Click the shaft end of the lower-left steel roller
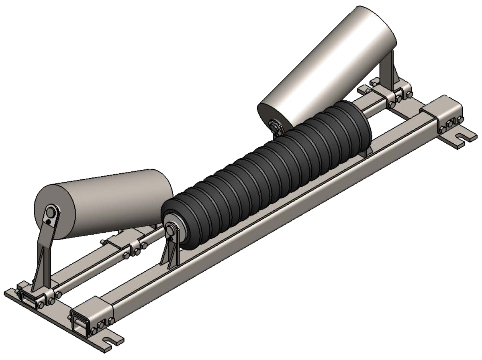(x=51, y=211)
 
